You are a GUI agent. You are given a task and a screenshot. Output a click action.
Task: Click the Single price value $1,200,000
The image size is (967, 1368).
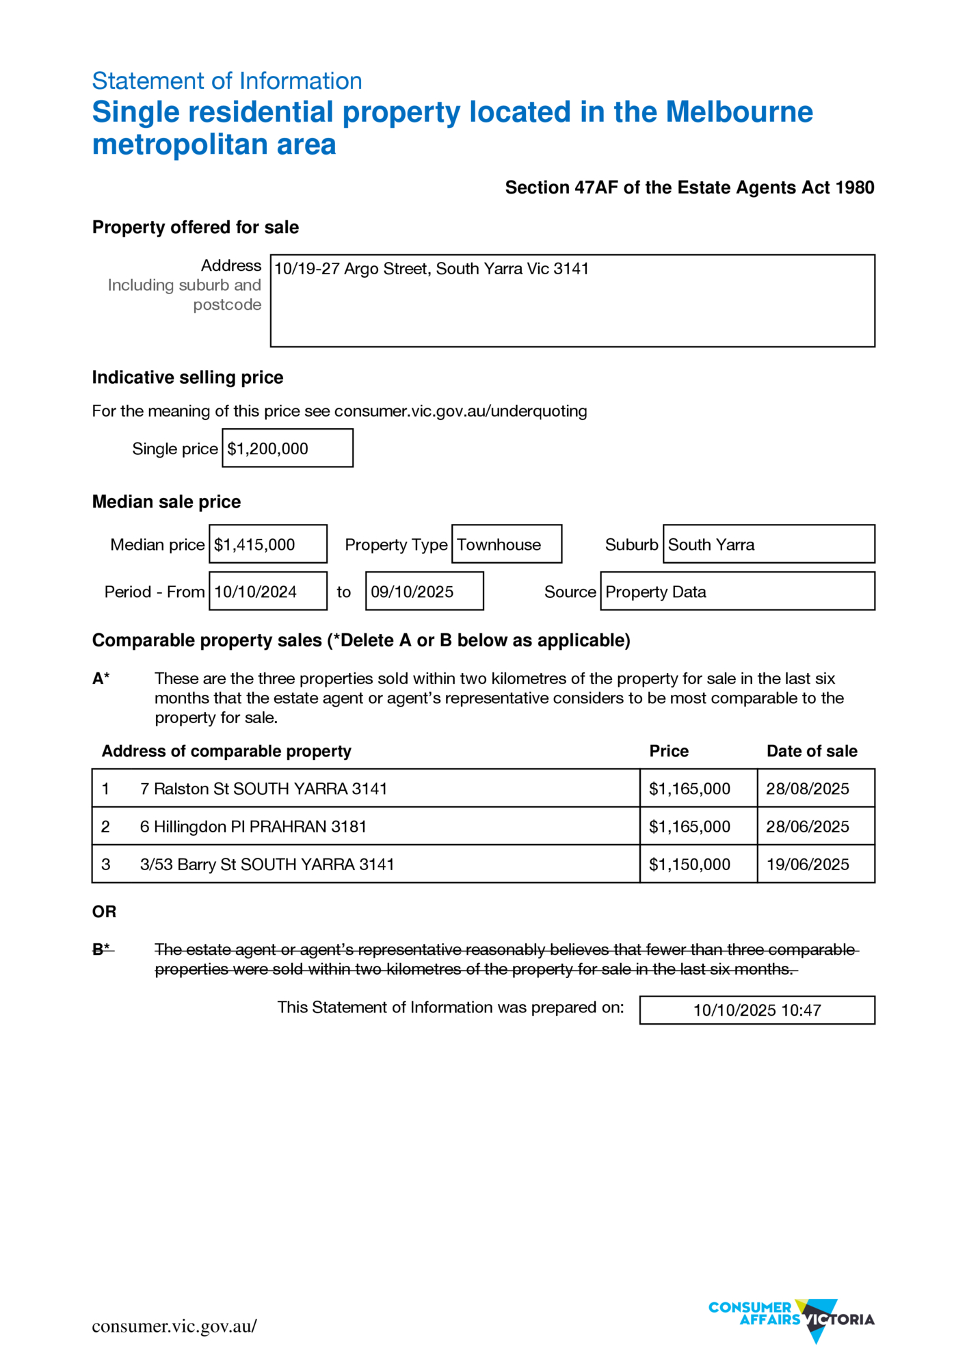[x=268, y=449]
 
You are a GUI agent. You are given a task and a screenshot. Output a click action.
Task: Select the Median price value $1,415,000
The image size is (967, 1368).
[x=254, y=544]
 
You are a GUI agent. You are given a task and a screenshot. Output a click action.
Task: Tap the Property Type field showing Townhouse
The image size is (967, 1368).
[x=499, y=544]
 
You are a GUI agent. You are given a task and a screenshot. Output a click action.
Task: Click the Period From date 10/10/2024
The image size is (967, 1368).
[x=256, y=592]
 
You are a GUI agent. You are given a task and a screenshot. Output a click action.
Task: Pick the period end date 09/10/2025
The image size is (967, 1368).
[x=412, y=592]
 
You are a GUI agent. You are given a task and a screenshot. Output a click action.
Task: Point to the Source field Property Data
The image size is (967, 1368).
[x=656, y=592]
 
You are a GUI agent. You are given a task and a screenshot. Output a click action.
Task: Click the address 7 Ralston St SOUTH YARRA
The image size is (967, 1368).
[x=264, y=789]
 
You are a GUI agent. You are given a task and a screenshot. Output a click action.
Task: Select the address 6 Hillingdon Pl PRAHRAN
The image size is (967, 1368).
[x=254, y=826]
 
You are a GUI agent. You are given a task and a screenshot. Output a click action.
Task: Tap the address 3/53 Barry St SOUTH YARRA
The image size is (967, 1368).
[x=267, y=864]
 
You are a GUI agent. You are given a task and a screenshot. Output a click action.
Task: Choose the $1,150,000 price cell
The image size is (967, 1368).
[x=689, y=864]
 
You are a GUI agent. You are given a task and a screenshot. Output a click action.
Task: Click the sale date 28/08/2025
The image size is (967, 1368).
[x=808, y=789]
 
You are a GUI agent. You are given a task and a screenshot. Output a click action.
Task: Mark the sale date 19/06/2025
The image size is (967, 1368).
[x=808, y=864]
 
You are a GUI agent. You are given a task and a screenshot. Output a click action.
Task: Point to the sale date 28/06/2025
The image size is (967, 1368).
[x=808, y=826]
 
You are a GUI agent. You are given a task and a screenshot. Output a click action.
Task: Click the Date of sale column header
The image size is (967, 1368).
[x=812, y=751]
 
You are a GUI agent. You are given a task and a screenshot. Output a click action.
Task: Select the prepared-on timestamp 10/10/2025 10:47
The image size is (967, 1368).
[x=757, y=1010]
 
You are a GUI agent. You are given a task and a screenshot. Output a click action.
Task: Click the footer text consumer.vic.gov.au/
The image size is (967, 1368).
[x=174, y=1326]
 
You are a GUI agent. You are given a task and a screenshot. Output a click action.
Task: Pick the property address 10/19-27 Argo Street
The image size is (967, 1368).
[x=432, y=269]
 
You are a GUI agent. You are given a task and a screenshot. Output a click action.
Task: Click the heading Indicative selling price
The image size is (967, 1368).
[x=187, y=378]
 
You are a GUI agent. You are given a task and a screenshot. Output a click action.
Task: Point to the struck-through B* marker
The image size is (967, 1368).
[x=102, y=949]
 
